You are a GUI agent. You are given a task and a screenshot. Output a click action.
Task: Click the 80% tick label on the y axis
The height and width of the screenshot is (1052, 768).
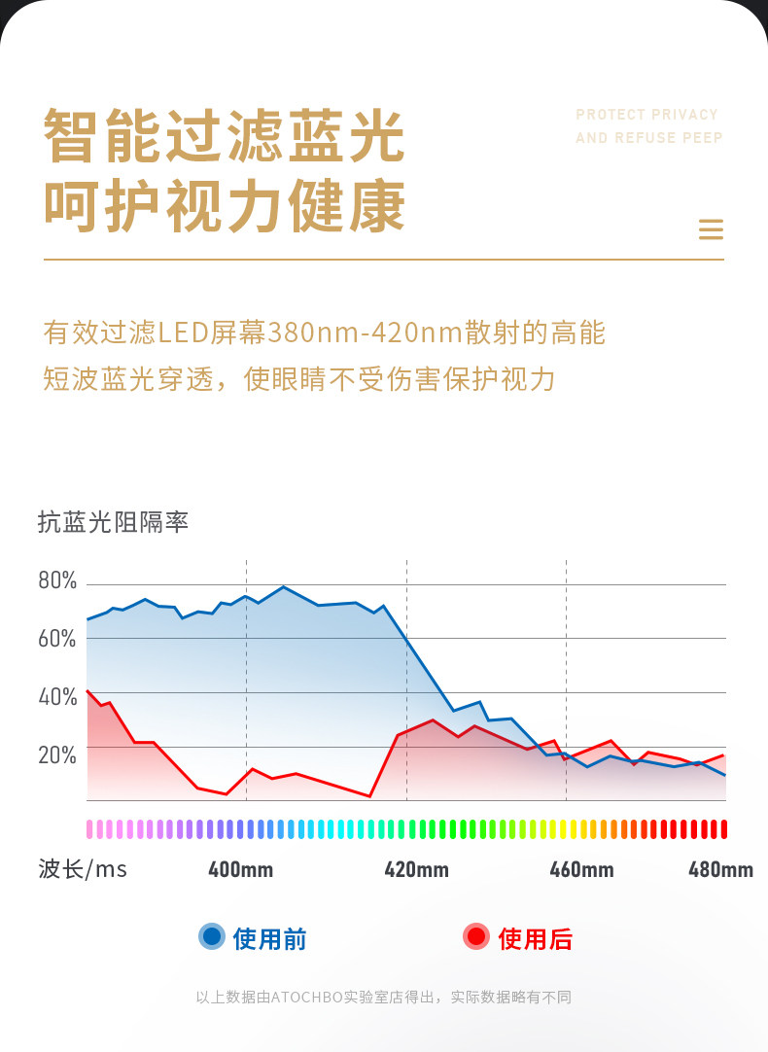click(57, 581)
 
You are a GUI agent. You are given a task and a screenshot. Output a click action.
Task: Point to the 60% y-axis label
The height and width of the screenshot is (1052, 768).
click(57, 639)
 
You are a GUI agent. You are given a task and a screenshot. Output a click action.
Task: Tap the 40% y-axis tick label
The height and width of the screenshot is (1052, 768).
click(57, 697)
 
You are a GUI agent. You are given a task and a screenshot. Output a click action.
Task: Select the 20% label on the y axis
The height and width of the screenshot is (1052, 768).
click(57, 755)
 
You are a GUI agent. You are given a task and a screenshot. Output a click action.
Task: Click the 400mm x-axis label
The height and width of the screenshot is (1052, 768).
click(240, 869)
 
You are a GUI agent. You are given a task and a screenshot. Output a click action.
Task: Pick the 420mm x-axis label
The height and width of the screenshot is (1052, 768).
click(416, 869)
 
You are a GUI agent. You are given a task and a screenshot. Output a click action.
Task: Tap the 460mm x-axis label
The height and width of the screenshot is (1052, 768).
click(581, 869)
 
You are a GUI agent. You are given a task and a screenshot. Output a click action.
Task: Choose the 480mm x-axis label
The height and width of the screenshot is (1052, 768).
click(720, 869)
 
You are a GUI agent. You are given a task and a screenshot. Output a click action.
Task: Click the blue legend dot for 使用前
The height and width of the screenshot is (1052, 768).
click(212, 936)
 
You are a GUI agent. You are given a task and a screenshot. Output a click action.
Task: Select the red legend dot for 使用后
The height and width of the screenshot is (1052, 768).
click(476, 936)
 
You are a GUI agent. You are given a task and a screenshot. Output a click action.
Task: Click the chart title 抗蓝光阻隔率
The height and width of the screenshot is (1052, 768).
click(113, 522)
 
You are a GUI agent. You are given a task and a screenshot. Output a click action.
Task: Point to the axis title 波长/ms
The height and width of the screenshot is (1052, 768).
click(83, 868)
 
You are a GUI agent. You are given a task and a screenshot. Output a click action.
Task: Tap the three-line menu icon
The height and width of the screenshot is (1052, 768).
click(712, 229)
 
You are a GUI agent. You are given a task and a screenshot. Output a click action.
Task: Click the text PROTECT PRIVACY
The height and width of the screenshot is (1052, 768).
click(646, 115)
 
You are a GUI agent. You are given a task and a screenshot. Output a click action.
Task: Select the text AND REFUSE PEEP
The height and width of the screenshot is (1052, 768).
click(648, 138)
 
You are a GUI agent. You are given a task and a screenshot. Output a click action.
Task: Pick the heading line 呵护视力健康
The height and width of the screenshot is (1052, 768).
click(224, 206)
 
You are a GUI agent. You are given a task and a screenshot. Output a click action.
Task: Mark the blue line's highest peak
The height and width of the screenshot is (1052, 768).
click(283, 586)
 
